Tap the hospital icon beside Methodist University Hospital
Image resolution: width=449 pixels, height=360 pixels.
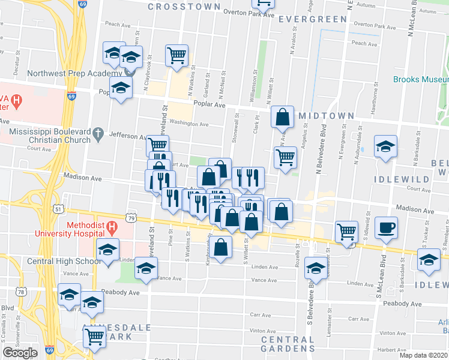click(112, 228)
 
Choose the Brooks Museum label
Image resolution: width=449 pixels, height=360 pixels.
click(421, 79)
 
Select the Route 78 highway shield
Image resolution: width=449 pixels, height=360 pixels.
click(22, 292)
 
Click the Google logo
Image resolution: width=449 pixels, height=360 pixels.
click(20, 353)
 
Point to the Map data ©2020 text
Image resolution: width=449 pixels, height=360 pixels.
click(423, 355)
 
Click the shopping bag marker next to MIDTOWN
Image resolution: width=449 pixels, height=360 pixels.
click(282, 118)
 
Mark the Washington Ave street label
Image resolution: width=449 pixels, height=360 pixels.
click(188, 124)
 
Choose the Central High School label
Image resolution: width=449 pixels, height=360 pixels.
click(64, 262)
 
